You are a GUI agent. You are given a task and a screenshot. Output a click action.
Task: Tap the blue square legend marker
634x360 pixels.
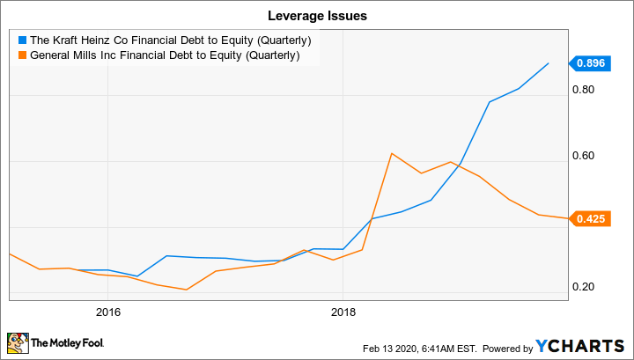pos(22,40)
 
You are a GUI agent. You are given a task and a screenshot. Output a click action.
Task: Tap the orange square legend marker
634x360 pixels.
pos(22,55)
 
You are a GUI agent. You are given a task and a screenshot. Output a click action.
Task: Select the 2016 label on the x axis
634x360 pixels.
pos(107,312)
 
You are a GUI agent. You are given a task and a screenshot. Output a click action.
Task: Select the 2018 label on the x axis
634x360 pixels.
pos(343,312)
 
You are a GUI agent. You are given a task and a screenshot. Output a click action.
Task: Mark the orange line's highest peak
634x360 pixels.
pos(391,153)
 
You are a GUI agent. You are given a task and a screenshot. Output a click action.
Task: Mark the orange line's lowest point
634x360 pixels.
pos(186,290)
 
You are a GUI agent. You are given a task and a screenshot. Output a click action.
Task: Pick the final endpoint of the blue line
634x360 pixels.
pos(549,63)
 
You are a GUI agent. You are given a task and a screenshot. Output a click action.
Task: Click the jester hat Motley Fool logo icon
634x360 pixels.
pos(17,342)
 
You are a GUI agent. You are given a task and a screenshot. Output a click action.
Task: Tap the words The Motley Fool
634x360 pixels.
pos(66,343)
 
